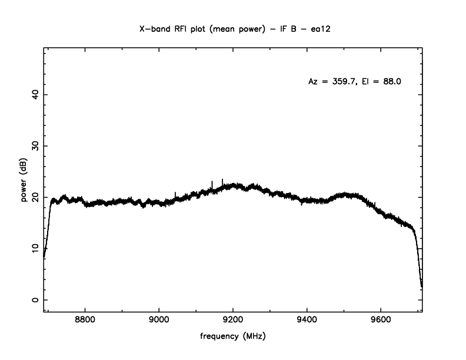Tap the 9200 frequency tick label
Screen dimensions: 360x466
pyautogui.click(x=233, y=322)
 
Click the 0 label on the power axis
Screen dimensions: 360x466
pyautogui.click(x=35, y=299)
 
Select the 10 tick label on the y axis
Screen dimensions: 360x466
pyautogui.click(x=35, y=248)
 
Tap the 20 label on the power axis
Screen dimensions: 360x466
pyautogui.click(x=35, y=197)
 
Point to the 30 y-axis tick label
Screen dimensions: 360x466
pyautogui.click(x=35, y=146)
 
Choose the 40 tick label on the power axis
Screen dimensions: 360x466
pyautogui.click(x=35, y=95)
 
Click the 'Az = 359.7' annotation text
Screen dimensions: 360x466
pyautogui.click(x=329, y=82)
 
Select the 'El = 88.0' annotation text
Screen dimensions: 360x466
pyautogui.click(x=385, y=82)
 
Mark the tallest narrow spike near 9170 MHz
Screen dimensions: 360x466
pyautogui.click(x=222, y=180)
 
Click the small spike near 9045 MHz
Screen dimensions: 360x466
pyautogui.click(x=175, y=194)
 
